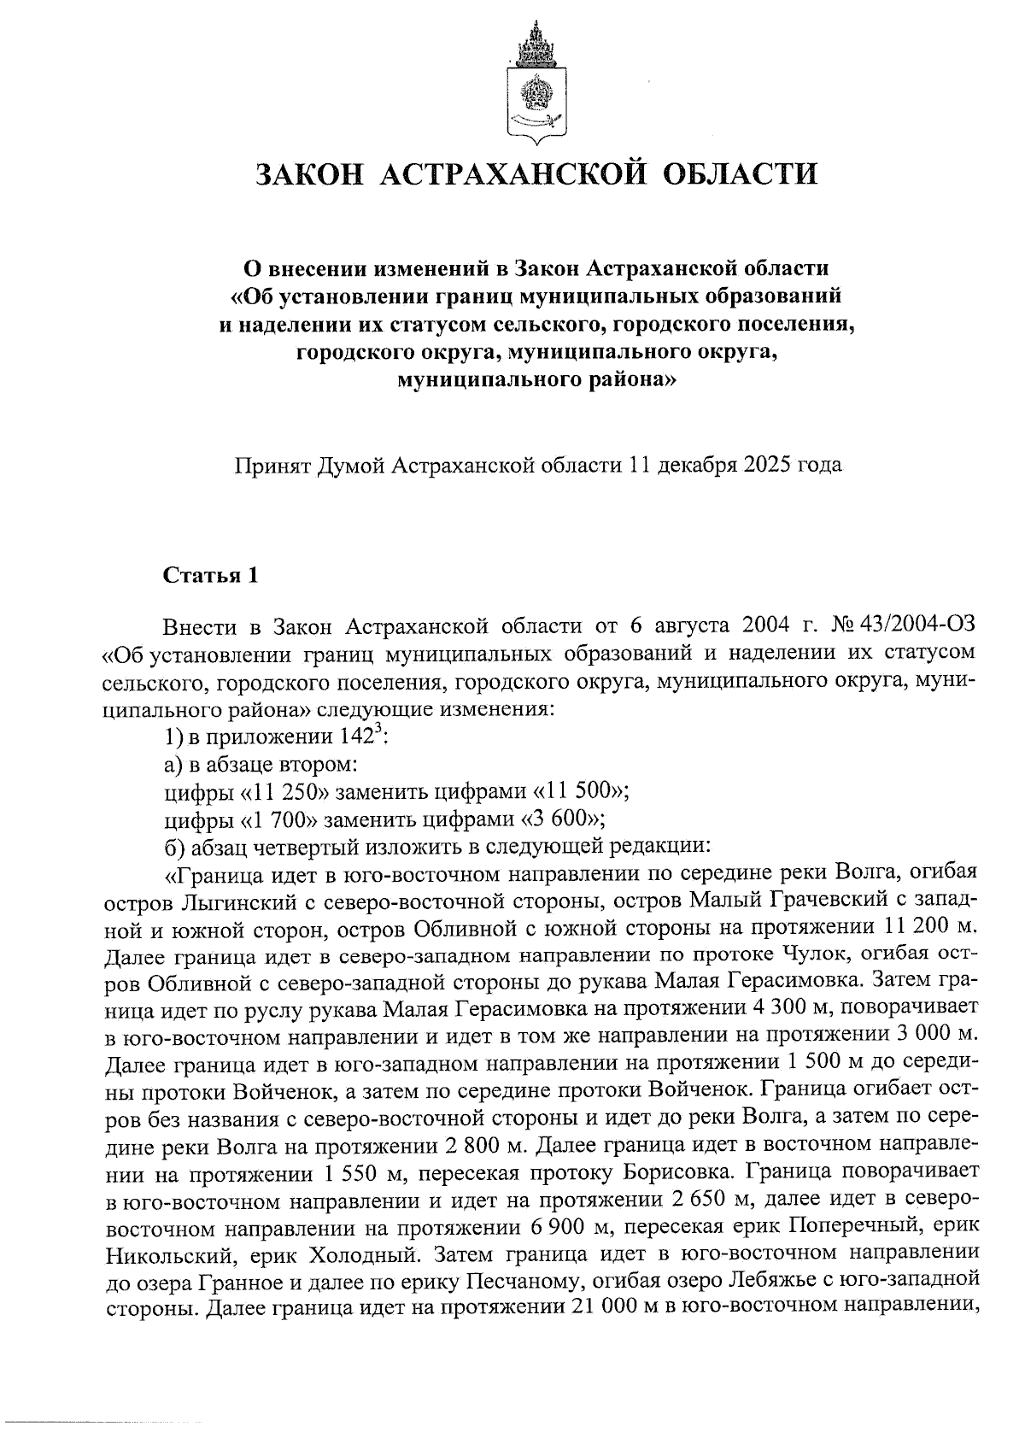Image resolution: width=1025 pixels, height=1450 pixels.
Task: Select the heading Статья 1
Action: coord(211,575)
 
